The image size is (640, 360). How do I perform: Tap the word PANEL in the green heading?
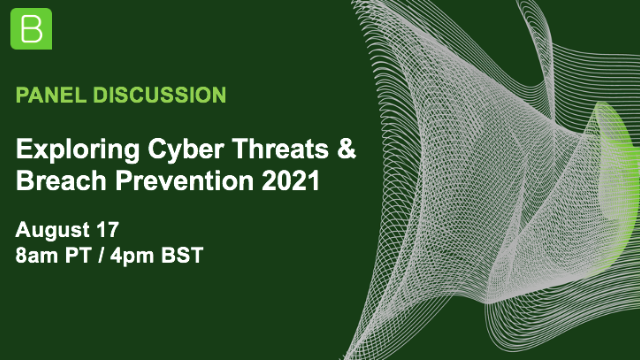tap(50, 96)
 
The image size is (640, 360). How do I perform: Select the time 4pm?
tap(145, 257)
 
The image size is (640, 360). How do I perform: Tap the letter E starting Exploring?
tap(24, 151)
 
